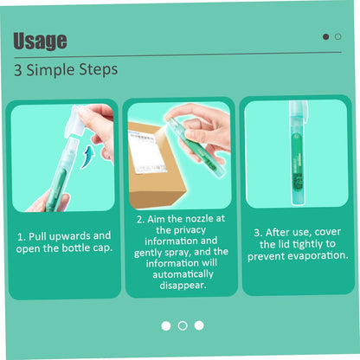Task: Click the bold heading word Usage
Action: pyautogui.click(x=40, y=41)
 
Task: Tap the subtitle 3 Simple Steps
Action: pyautogui.click(x=66, y=70)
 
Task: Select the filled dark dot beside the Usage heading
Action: pyautogui.click(x=325, y=36)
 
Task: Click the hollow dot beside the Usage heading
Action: pyautogui.click(x=338, y=36)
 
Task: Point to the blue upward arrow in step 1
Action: pyautogui.click(x=87, y=157)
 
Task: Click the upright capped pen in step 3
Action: pyautogui.click(x=298, y=153)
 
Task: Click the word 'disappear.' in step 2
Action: pyautogui.click(x=183, y=286)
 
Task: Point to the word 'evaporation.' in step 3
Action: pyautogui.click(x=318, y=255)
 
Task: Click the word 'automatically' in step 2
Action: pyautogui.click(x=183, y=274)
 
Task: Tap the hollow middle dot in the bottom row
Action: pyautogui.click(x=183, y=325)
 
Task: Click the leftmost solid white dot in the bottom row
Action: pyautogui.click(x=166, y=326)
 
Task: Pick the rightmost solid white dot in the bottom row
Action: pyautogui.click(x=199, y=325)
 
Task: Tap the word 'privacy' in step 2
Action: pyautogui.click(x=190, y=230)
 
